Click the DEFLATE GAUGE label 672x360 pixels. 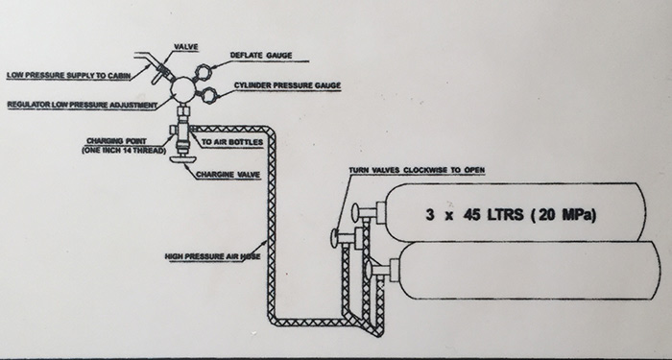click(261, 56)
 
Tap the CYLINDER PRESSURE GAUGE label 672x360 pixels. click(288, 85)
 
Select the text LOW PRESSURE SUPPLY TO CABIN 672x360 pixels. click(69, 76)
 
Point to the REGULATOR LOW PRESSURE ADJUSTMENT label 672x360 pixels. click(83, 105)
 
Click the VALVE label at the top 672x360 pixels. click(186, 47)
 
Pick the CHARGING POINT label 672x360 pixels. click(116, 141)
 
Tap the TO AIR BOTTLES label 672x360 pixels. click(232, 142)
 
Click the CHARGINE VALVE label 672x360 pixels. click(228, 175)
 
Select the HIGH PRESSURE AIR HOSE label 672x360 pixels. click(213, 256)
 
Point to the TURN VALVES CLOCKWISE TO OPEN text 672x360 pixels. click(417, 170)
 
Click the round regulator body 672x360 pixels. click(183, 89)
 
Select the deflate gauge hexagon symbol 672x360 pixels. click(203, 71)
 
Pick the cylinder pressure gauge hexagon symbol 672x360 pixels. click(208, 95)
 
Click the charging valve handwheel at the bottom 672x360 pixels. click(183, 159)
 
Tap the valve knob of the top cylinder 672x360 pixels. click(355, 211)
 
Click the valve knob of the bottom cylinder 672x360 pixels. click(369, 269)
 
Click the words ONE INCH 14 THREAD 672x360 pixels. click(124, 151)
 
